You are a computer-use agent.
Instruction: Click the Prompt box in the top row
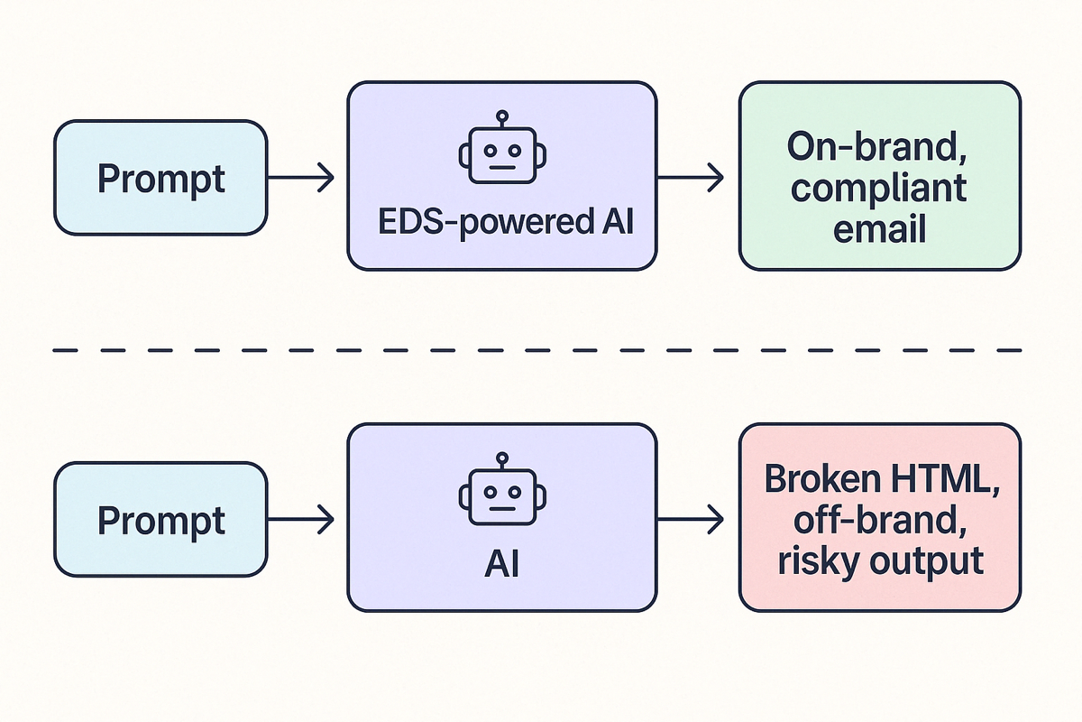pyautogui.click(x=160, y=178)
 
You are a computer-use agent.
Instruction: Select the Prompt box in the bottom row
pyautogui.click(x=160, y=519)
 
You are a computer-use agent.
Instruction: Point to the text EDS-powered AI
pyautogui.click(x=503, y=222)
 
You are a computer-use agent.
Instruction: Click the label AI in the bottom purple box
pyautogui.click(x=503, y=564)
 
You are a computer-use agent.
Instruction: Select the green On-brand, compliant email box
pyautogui.click(x=879, y=176)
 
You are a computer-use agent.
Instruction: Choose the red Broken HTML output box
pyautogui.click(x=879, y=519)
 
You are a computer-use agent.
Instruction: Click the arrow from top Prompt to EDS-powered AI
pyautogui.click(x=301, y=178)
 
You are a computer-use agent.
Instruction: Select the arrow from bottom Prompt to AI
pyautogui.click(x=301, y=519)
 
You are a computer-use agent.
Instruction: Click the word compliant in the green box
pyautogui.click(x=880, y=188)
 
